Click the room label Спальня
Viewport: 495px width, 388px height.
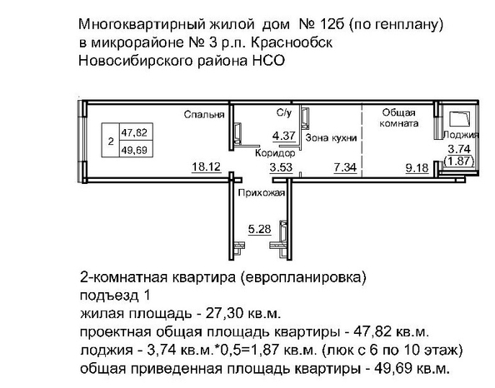(x=204, y=115)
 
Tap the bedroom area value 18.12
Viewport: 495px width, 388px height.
(x=207, y=167)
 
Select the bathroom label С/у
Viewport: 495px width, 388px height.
(x=284, y=112)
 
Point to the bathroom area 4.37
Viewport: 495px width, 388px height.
(x=284, y=136)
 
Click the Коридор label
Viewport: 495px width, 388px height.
(x=275, y=153)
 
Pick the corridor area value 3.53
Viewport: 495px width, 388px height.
(x=281, y=167)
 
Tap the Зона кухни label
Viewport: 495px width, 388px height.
(x=331, y=138)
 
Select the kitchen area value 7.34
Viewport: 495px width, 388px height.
(x=345, y=167)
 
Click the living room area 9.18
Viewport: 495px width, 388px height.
(x=417, y=168)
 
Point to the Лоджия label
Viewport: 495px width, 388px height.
(x=461, y=135)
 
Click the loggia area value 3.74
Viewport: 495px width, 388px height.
(x=459, y=149)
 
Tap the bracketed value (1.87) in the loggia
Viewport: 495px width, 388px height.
(x=459, y=162)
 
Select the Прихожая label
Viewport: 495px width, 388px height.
(x=262, y=192)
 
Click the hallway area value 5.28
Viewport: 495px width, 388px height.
(x=259, y=229)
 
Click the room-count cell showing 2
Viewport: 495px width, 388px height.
(x=111, y=142)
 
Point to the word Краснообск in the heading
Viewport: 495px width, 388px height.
(x=292, y=42)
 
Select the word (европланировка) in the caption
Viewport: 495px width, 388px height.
(x=303, y=277)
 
